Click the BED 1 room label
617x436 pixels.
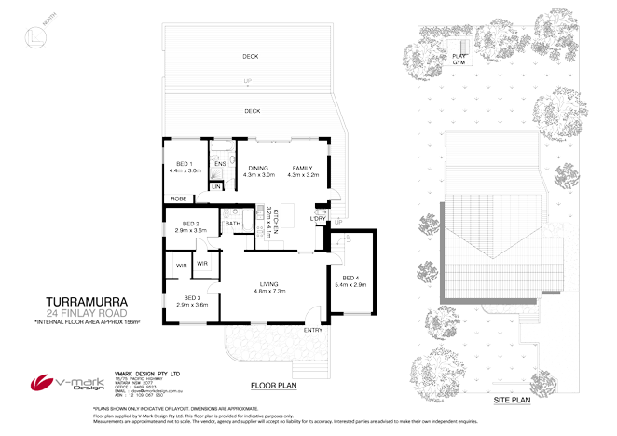pos(184,165)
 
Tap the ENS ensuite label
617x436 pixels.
pos(220,165)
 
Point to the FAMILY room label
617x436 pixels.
pos(303,168)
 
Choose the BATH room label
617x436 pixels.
pos(233,224)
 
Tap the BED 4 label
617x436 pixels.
pos(350,278)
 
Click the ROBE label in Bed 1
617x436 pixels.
pos(177,198)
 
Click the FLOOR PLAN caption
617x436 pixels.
pos(274,384)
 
